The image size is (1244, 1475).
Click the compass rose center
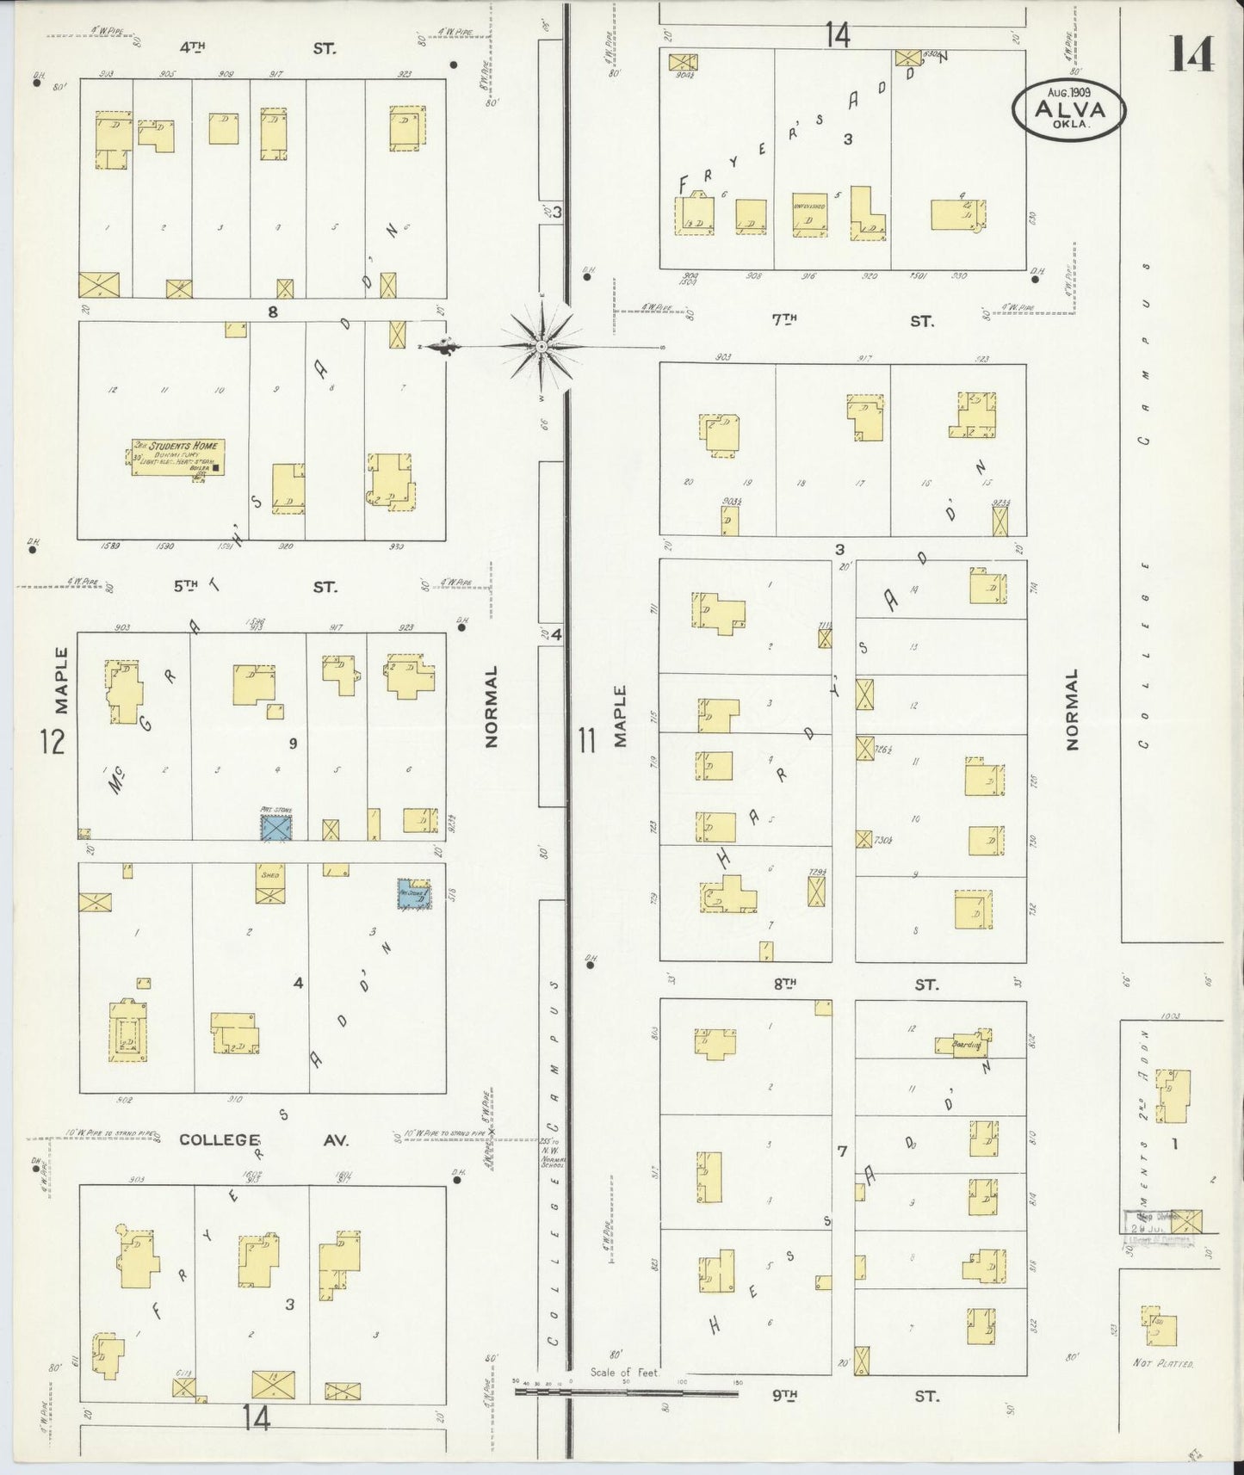(542, 347)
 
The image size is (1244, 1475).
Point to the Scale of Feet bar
(626, 1391)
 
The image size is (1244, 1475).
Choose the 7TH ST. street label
(852, 321)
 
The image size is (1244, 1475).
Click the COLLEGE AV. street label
(263, 1139)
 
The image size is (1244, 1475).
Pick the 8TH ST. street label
(852, 984)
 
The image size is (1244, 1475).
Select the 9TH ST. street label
(852, 1396)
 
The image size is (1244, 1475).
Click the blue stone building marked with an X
(276, 828)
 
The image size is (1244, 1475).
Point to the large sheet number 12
(52, 741)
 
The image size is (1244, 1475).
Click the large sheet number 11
(587, 741)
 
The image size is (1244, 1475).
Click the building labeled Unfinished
(809, 214)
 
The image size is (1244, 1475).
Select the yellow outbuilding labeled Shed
(269, 884)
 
